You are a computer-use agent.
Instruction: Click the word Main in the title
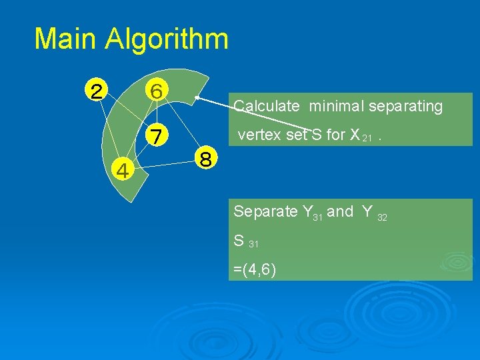(x=65, y=39)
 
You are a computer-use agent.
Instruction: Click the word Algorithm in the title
(x=167, y=39)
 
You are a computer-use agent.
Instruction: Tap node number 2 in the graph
(x=97, y=91)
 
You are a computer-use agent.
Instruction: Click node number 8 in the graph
(x=206, y=160)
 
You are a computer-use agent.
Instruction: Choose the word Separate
(x=266, y=212)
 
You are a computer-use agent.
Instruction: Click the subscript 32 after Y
(x=382, y=217)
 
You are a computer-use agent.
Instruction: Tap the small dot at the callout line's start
(x=196, y=98)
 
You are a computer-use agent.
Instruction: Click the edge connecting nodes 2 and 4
(x=111, y=131)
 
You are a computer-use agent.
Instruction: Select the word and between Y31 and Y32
(x=340, y=212)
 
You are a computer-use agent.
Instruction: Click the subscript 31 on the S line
(x=253, y=244)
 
